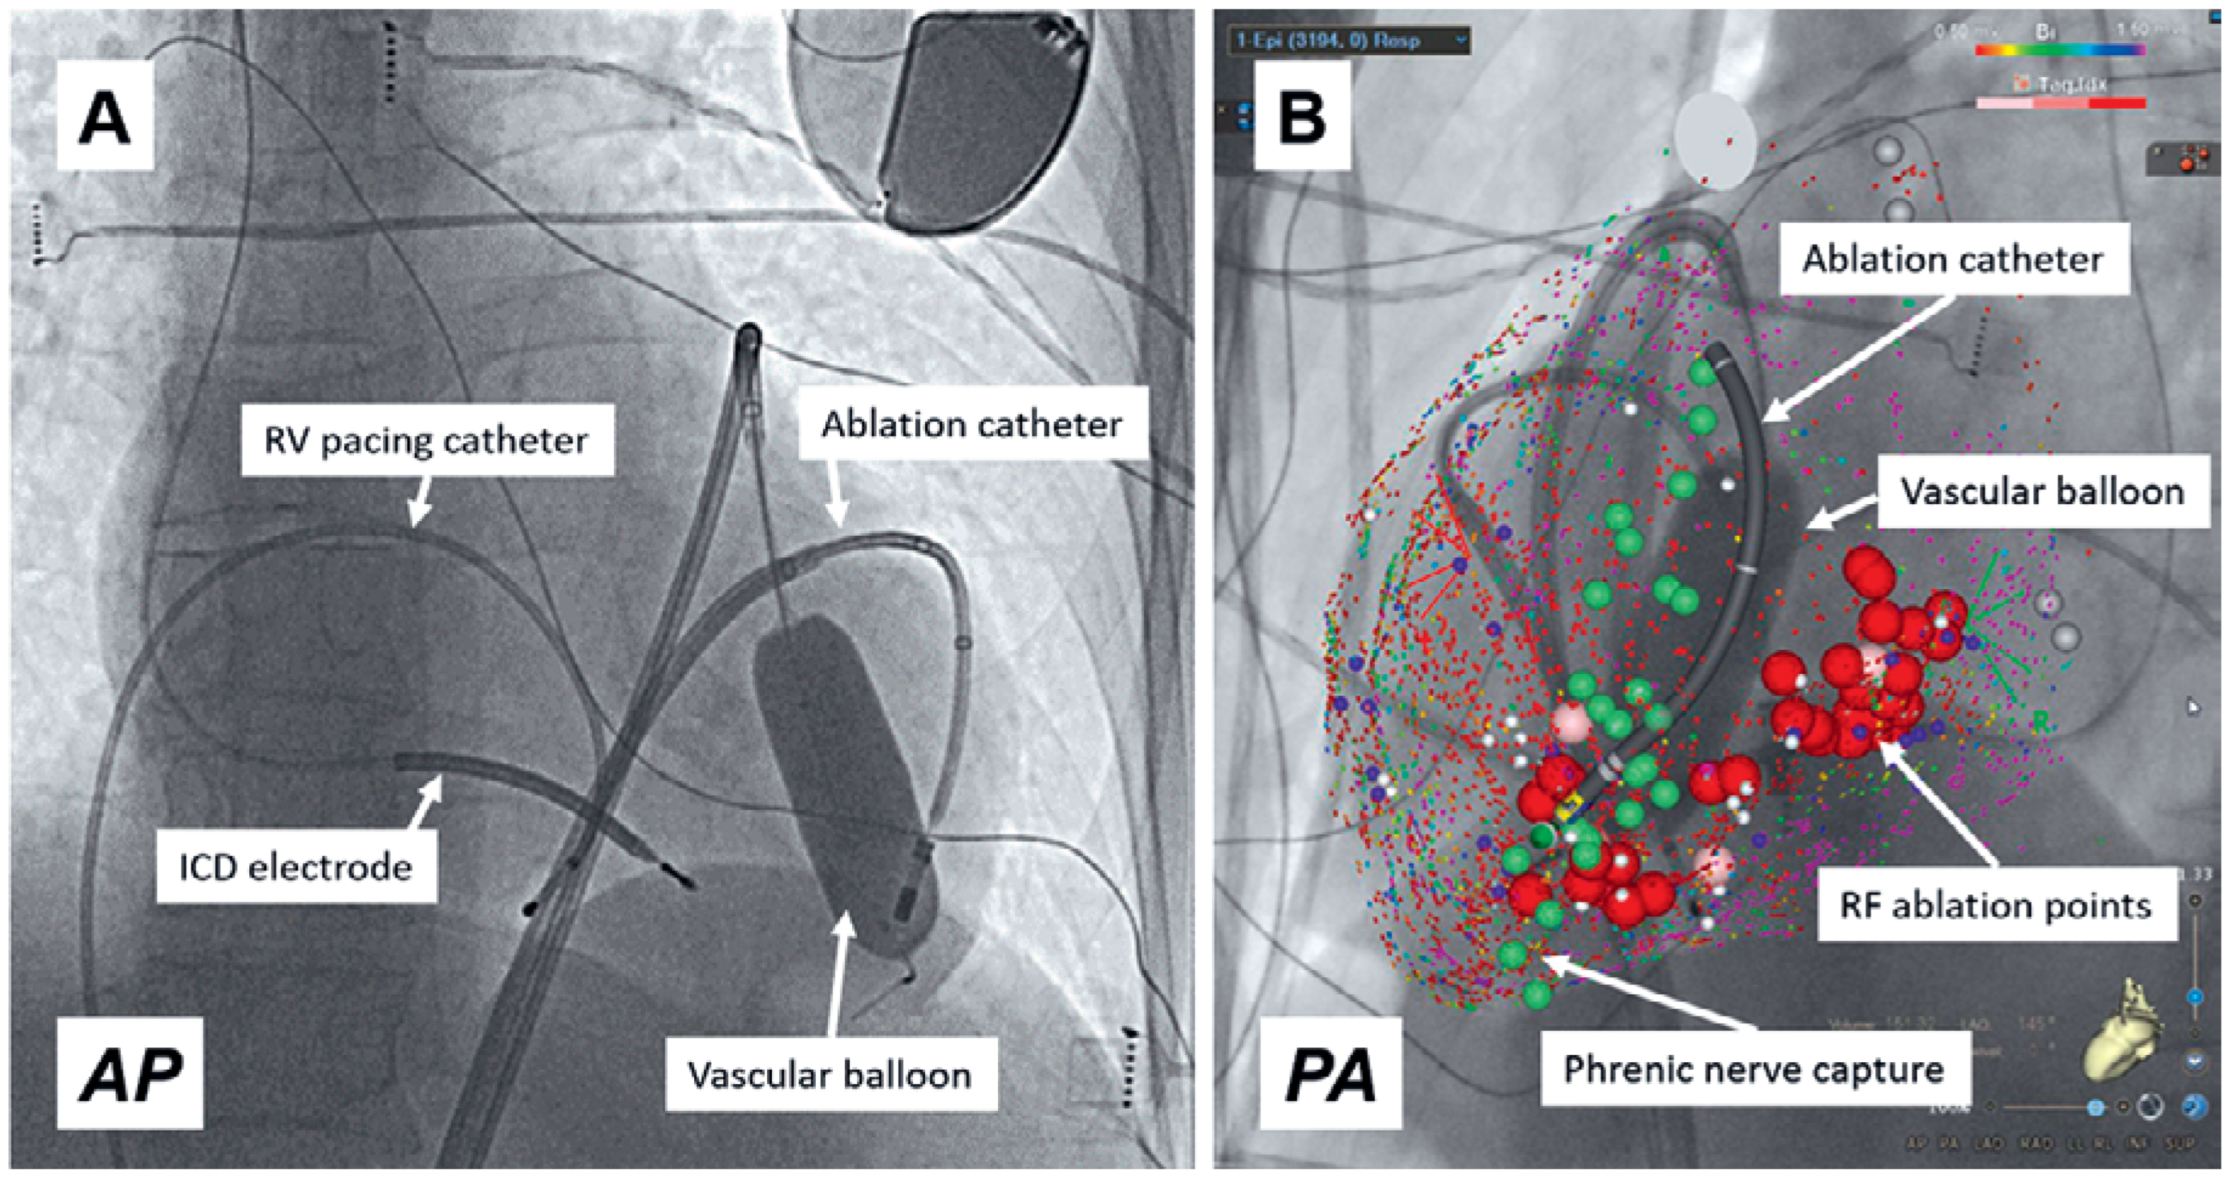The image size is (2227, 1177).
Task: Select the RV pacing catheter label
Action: [426, 441]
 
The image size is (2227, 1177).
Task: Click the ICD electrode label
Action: [296, 867]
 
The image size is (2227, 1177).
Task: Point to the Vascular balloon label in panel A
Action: [830, 1074]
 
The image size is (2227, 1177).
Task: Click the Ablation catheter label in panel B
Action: [1952, 259]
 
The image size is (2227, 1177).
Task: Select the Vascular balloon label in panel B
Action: [2042, 491]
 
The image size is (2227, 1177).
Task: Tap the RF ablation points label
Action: [1995, 906]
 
